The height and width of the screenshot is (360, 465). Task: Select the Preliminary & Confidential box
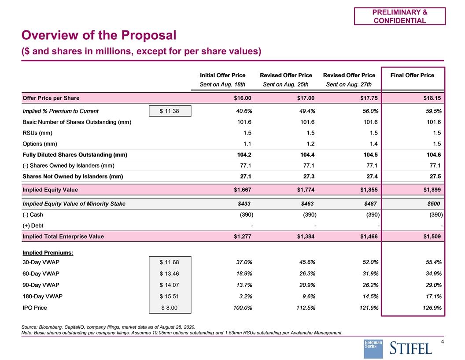coord(400,16)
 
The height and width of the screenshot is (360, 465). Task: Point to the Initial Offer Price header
coord(222,75)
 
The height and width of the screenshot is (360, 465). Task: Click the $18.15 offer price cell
coord(431,97)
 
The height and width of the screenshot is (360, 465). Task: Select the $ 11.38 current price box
coord(170,111)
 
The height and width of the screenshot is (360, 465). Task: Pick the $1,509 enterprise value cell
coord(431,236)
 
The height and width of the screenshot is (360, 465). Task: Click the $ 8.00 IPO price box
coord(170,307)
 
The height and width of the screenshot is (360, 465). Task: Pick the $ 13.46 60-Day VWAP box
coord(170,274)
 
